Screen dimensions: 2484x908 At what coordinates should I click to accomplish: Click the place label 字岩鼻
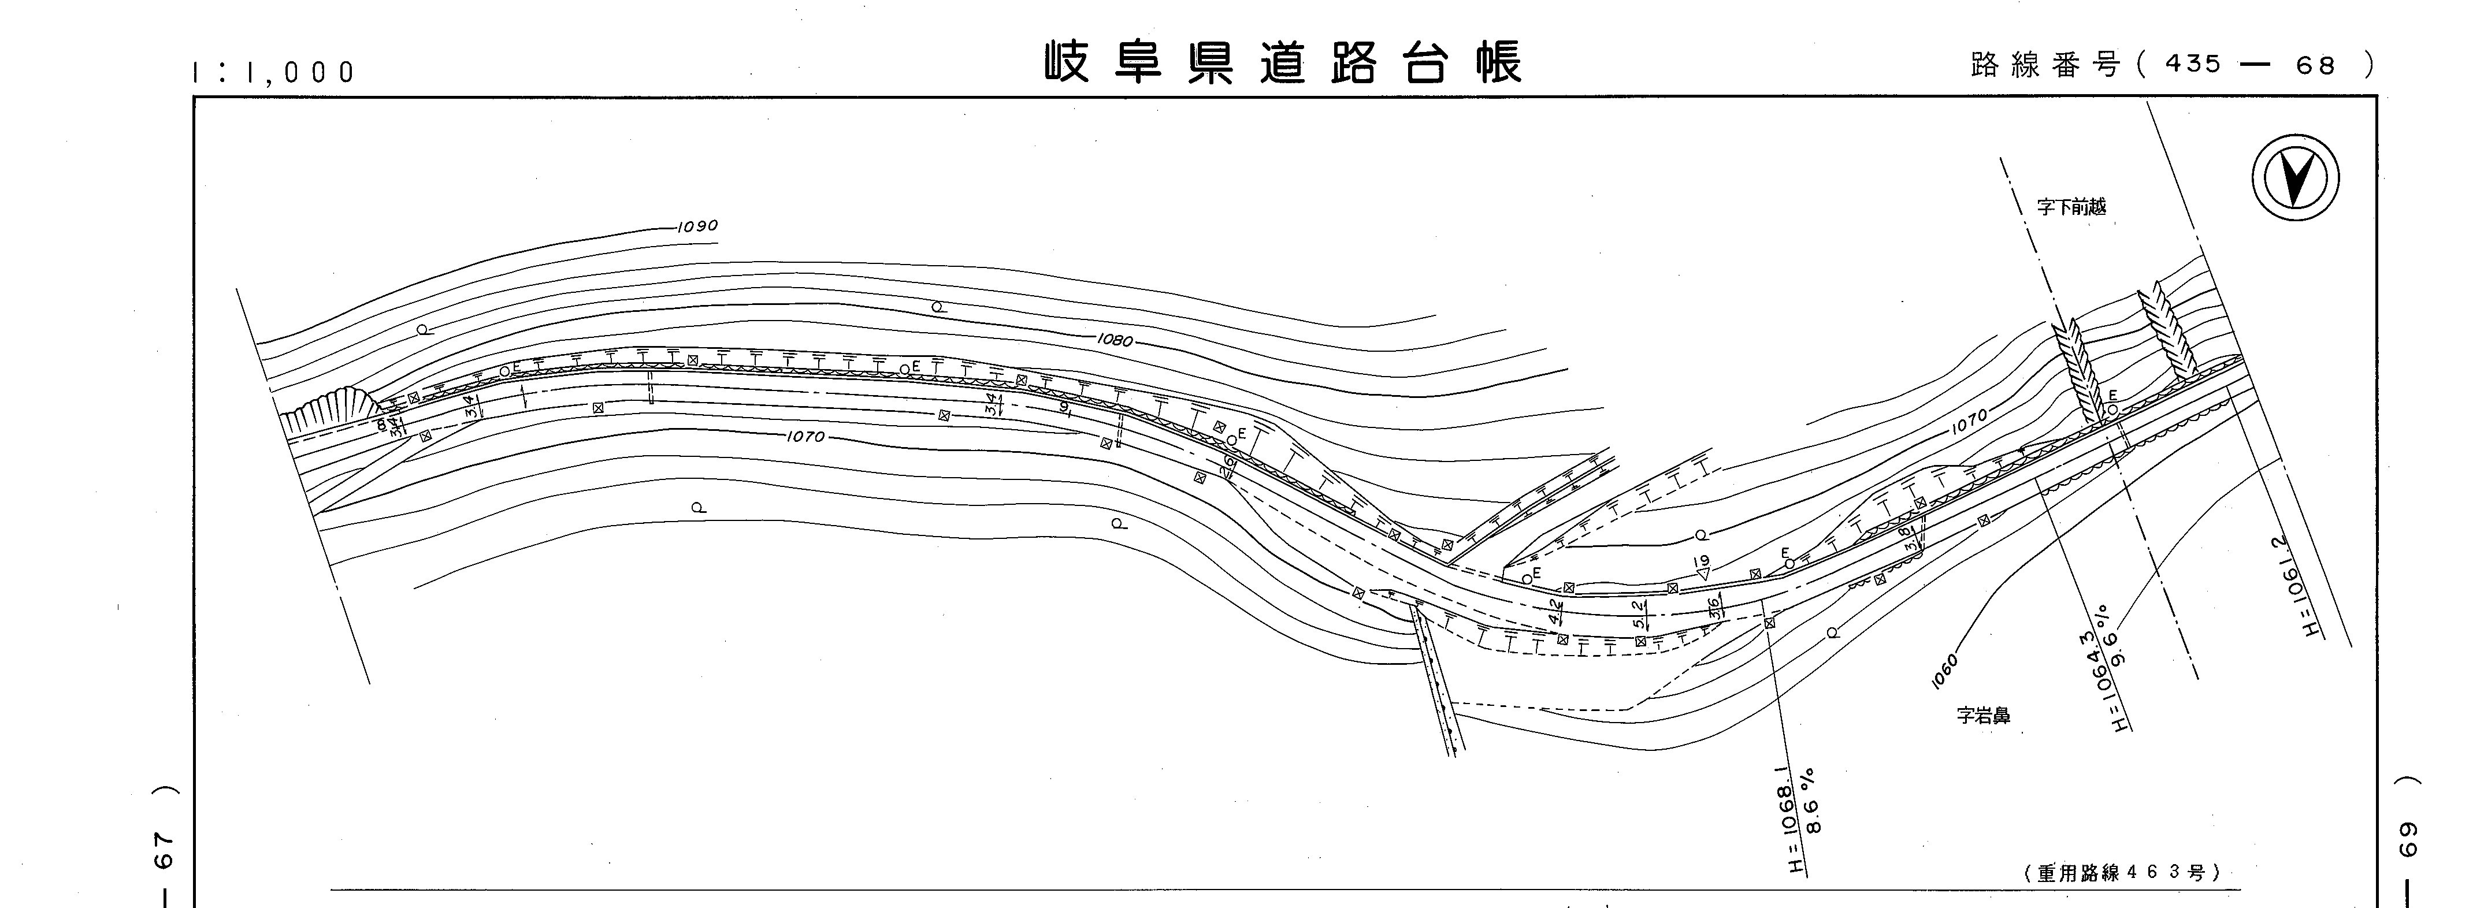click(1982, 716)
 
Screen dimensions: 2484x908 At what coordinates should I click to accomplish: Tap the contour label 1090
click(696, 226)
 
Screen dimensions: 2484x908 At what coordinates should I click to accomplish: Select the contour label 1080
click(1114, 340)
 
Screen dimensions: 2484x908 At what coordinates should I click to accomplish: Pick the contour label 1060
click(1945, 672)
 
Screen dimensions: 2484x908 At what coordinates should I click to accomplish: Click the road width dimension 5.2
click(1638, 614)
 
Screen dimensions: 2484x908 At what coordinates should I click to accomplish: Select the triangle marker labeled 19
click(1703, 569)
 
